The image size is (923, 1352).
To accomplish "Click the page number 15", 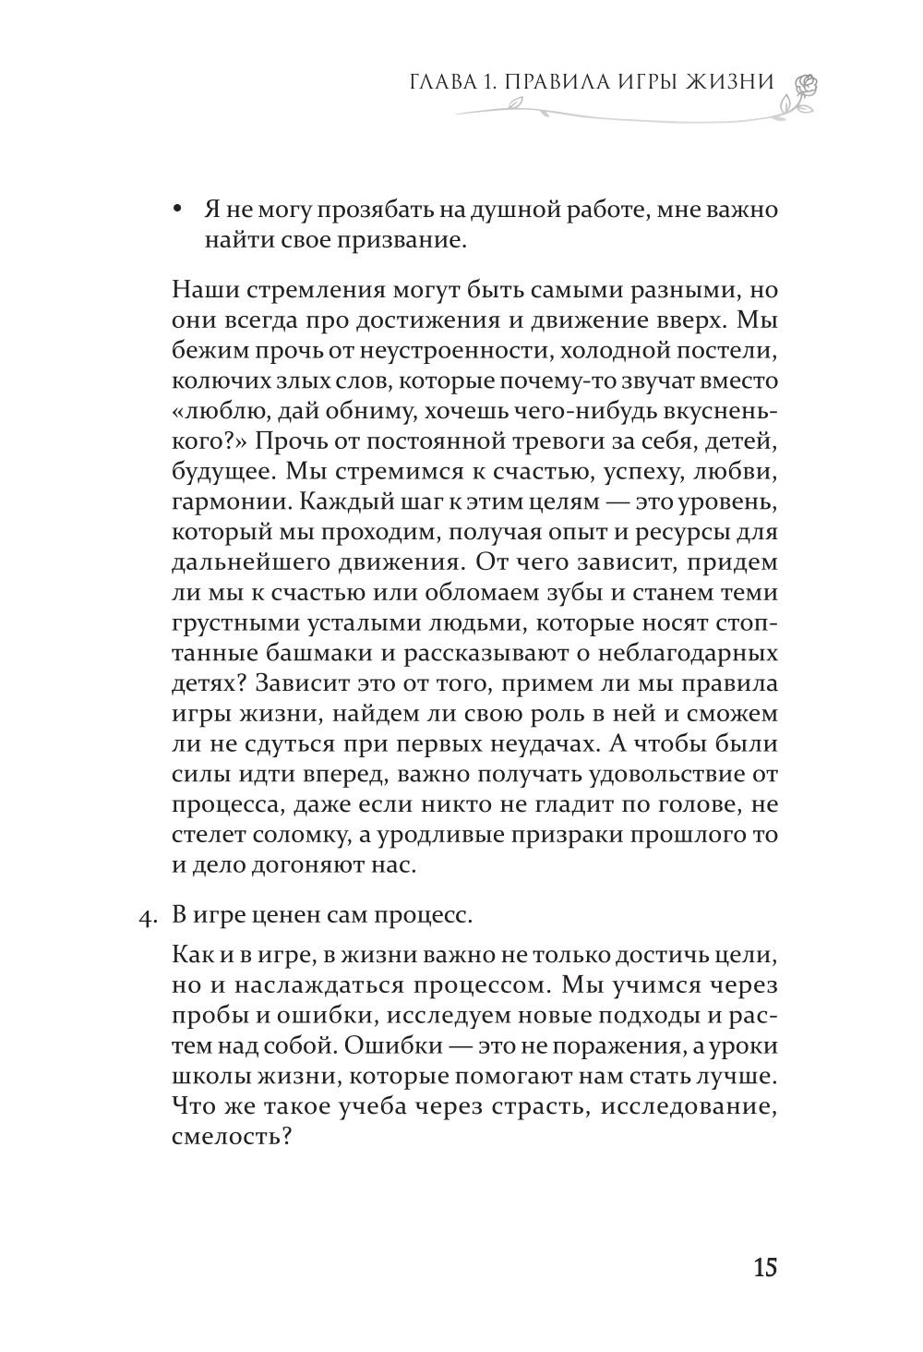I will (765, 1267).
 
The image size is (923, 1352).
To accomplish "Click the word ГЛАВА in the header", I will (440, 82).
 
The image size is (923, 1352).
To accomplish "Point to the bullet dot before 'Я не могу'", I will (178, 210).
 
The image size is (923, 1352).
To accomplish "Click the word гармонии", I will (222, 501).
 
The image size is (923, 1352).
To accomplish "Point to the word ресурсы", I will (650, 532).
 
